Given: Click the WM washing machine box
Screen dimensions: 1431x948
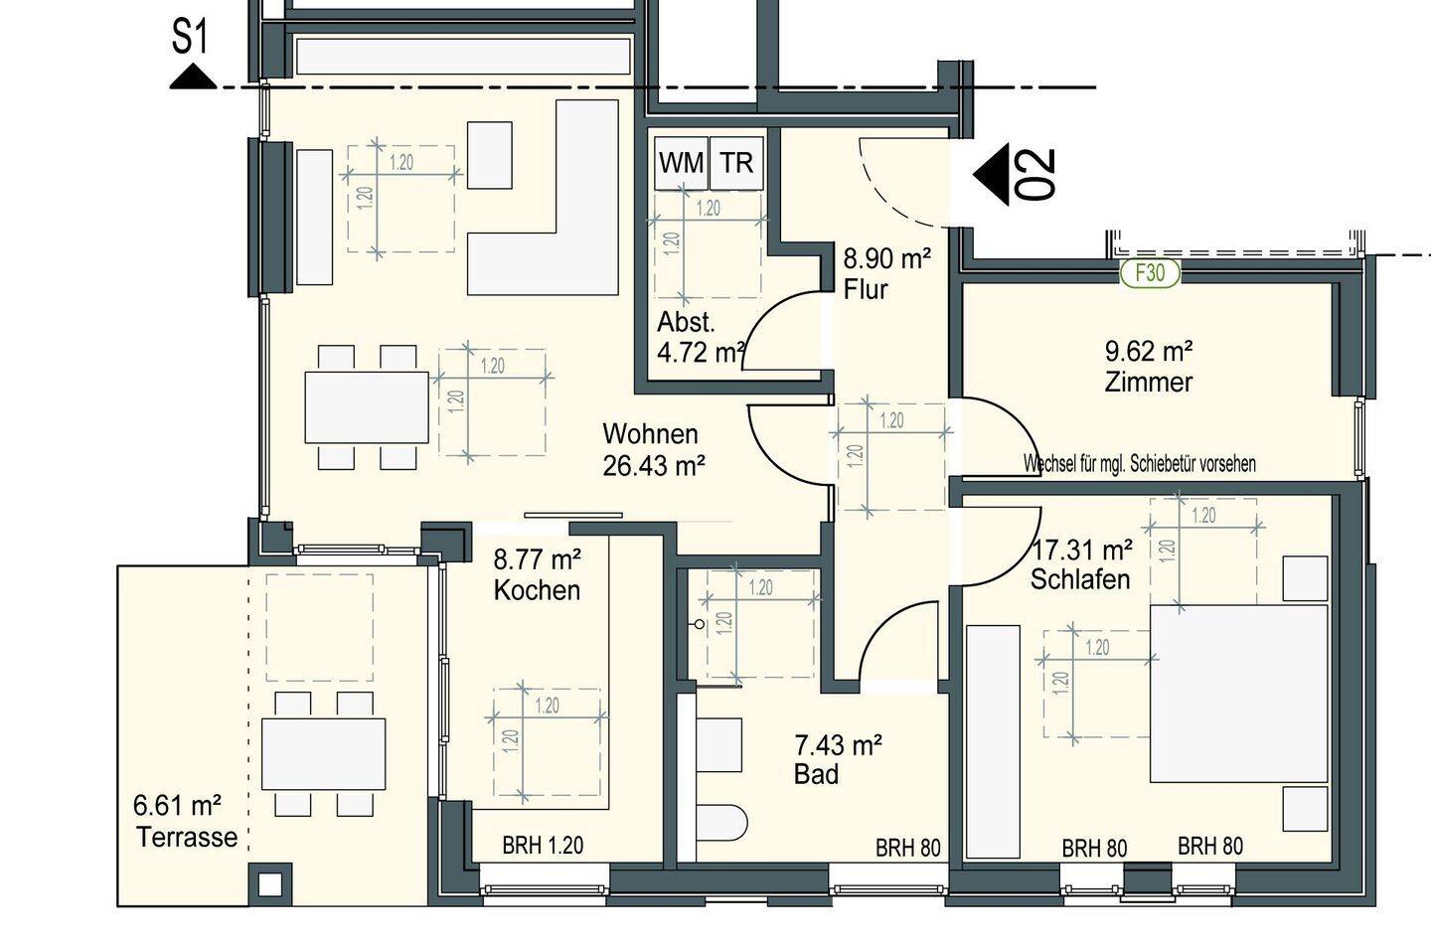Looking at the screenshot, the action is pos(682,163).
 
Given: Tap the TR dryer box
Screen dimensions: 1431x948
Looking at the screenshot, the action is pos(737,163).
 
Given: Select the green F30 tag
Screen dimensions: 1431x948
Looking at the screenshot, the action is pos(1150,273).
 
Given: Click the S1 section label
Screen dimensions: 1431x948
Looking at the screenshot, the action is pos(191,37).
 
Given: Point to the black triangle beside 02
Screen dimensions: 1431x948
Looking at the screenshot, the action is pos(991,175).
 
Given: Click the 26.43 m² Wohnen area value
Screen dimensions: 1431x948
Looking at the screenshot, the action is pos(654,466).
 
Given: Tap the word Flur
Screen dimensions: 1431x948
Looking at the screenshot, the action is pos(866,289).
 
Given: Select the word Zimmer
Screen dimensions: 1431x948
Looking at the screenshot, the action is pos(1149,382).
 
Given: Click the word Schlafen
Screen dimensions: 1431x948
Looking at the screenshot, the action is pos(1080,579).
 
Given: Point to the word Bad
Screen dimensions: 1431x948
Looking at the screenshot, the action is pos(816,774).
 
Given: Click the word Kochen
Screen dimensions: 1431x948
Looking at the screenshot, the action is pos(537,590).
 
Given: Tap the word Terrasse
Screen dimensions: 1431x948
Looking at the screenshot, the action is pos(187,837).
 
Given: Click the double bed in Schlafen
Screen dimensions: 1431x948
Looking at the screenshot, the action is pos(1238,694).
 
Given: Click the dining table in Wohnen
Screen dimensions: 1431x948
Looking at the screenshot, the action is pos(367,407).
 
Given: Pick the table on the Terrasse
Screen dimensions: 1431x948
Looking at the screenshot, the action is pos(323,754).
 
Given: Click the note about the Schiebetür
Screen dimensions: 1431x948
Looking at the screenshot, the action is pos(1139,464).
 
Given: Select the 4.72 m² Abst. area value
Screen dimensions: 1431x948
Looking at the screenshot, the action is pos(702,353).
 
